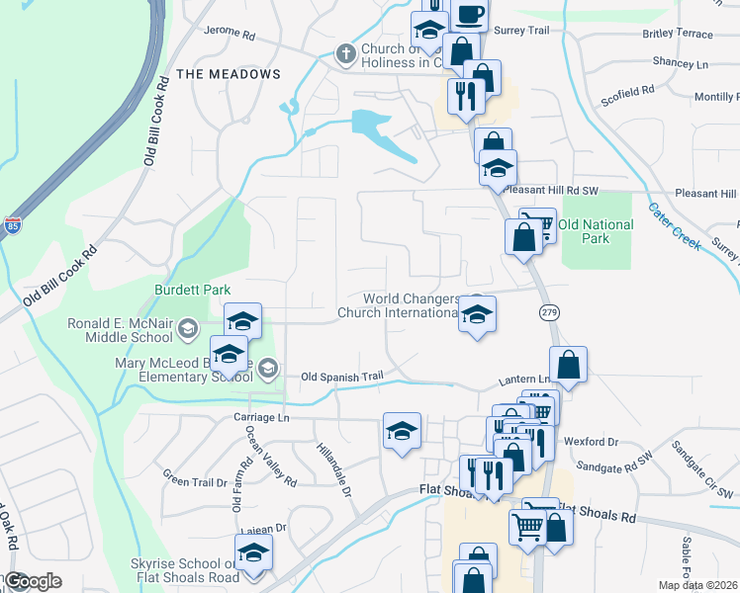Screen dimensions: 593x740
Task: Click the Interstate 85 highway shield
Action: (13, 225)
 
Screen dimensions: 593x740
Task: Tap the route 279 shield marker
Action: (550, 312)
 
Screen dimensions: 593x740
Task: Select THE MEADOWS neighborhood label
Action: (229, 74)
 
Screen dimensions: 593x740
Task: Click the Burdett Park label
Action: (192, 290)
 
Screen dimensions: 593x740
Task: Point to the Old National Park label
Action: (596, 231)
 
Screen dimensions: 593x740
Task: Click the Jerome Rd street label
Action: (230, 33)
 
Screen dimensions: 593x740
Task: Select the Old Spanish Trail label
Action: (341, 377)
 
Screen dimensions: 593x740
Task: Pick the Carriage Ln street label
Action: (259, 417)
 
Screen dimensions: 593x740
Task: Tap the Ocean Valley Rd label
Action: (270, 456)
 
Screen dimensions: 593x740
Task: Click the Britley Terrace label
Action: (677, 34)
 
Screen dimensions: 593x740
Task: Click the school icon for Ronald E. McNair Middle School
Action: (242, 320)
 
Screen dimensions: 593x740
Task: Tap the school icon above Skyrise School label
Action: (253, 551)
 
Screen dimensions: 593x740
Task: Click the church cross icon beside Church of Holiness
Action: (346, 52)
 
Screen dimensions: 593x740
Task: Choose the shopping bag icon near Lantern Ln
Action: (569, 365)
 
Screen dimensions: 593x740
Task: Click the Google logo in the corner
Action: (34, 581)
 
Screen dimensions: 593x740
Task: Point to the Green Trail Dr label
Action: (195, 482)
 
